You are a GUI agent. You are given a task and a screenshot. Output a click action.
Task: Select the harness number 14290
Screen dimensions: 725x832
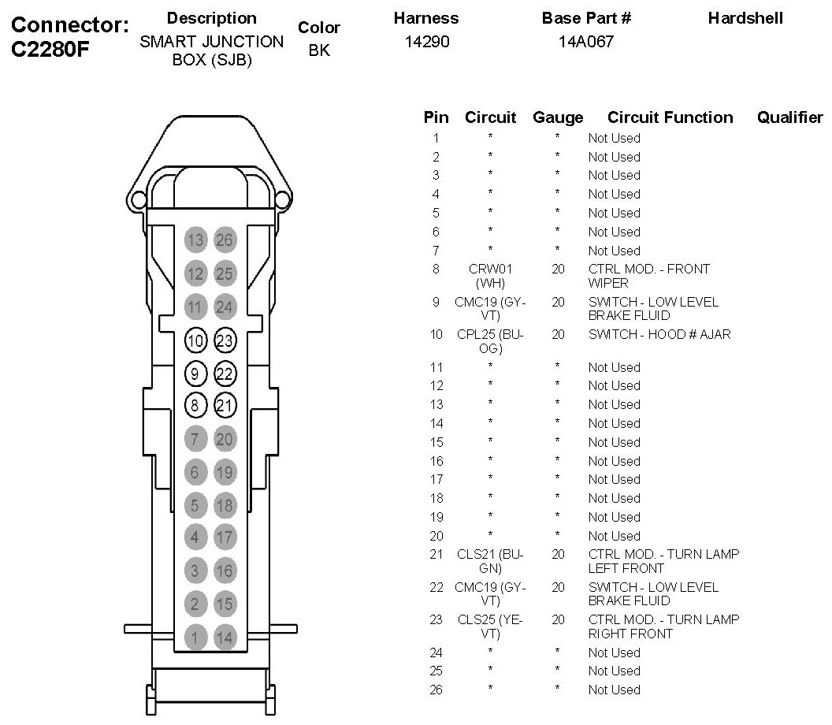pos(426,43)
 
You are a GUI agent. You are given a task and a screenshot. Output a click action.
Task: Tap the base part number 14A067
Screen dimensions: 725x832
pos(585,43)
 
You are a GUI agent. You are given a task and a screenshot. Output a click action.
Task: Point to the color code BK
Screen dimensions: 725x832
pos(318,50)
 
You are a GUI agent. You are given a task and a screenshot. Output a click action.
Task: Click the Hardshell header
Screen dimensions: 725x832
pos(745,18)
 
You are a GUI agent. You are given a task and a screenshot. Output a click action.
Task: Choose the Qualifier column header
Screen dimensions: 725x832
pos(789,117)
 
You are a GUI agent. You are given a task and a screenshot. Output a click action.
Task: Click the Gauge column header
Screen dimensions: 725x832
pos(558,117)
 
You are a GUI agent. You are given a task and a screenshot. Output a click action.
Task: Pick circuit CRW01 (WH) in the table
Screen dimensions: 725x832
pos(490,276)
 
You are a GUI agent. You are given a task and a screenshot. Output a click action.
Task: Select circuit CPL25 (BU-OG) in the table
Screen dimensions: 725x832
pos(490,341)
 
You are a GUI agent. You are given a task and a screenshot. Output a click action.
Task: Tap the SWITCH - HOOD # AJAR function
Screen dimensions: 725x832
pos(659,334)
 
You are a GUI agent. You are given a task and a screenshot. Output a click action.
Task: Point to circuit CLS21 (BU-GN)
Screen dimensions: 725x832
pos(490,561)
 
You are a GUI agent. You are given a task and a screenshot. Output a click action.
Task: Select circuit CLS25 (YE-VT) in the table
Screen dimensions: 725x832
pos(490,626)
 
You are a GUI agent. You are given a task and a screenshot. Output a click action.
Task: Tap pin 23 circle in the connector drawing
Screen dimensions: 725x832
pos(225,341)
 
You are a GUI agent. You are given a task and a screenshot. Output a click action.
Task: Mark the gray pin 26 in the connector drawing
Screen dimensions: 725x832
pos(225,240)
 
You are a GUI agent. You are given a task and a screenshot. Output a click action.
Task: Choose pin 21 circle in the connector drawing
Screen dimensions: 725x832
pos(225,406)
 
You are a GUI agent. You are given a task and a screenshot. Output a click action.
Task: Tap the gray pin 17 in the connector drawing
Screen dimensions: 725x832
pos(225,537)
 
